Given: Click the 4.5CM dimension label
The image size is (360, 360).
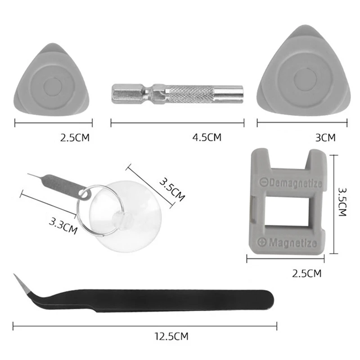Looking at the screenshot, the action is [207, 137].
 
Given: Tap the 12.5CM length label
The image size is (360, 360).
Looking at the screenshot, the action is [171, 336].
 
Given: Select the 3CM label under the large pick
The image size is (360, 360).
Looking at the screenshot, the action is [325, 138].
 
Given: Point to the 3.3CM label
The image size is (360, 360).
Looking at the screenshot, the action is [63, 226].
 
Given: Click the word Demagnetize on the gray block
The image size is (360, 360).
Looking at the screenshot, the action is [295, 183].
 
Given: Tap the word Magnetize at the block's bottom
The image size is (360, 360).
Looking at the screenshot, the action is [293, 243].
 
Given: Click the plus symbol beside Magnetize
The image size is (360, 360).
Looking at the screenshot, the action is [261, 242].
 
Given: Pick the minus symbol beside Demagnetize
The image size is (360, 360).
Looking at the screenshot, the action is [264, 182].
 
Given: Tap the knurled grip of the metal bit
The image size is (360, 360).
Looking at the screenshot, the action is [190, 94].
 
